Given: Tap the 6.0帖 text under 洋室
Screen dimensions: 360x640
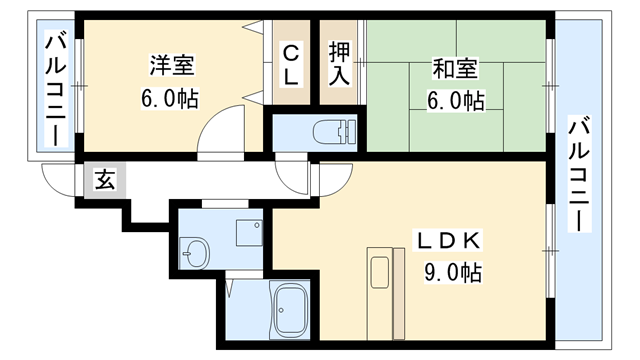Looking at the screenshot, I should tap(172, 100).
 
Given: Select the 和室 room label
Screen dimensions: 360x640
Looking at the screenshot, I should tap(455, 70).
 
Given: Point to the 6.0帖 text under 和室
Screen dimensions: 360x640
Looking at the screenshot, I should tap(455, 101).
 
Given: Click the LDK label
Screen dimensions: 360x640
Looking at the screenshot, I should tap(450, 240).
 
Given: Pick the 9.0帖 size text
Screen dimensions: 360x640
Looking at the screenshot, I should tap(451, 272).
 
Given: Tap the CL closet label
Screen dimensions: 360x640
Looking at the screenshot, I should tap(292, 65).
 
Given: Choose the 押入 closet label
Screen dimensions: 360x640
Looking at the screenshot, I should tap(339, 65).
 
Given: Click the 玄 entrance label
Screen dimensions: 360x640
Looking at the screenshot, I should tap(104, 181).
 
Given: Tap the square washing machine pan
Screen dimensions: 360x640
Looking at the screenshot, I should tap(248, 232).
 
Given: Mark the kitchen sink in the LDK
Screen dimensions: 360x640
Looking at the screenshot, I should tap(379, 271).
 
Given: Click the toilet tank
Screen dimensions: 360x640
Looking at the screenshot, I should tap(348, 132).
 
